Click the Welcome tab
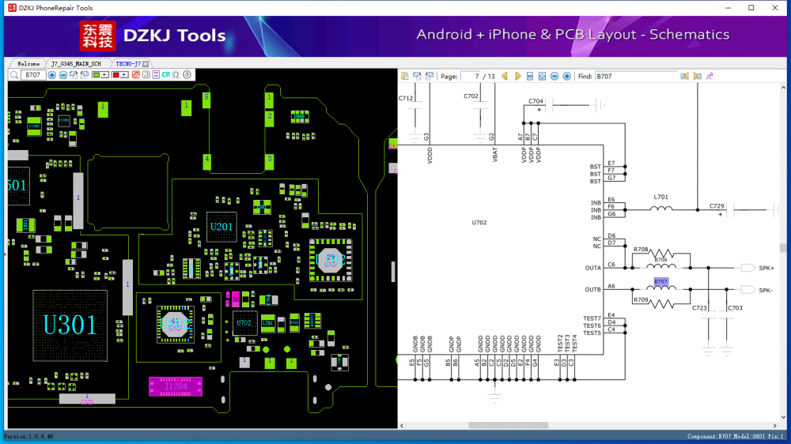click(28, 63)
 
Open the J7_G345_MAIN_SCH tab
click(76, 63)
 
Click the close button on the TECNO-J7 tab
click(146, 63)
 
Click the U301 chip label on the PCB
click(70, 325)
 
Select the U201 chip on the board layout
click(221, 228)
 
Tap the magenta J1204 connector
click(175, 386)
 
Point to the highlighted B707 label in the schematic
click(661, 282)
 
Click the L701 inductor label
click(661, 197)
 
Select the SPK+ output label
click(766, 269)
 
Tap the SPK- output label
click(766, 290)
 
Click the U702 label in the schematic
click(479, 223)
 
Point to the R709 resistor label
click(641, 300)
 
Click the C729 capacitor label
click(717, 205)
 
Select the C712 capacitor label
click(406, 98)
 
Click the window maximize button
click(751, 8)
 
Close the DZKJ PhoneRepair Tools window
click(776, 8)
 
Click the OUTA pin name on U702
click(592, 269)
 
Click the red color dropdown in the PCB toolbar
click(120, 75)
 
